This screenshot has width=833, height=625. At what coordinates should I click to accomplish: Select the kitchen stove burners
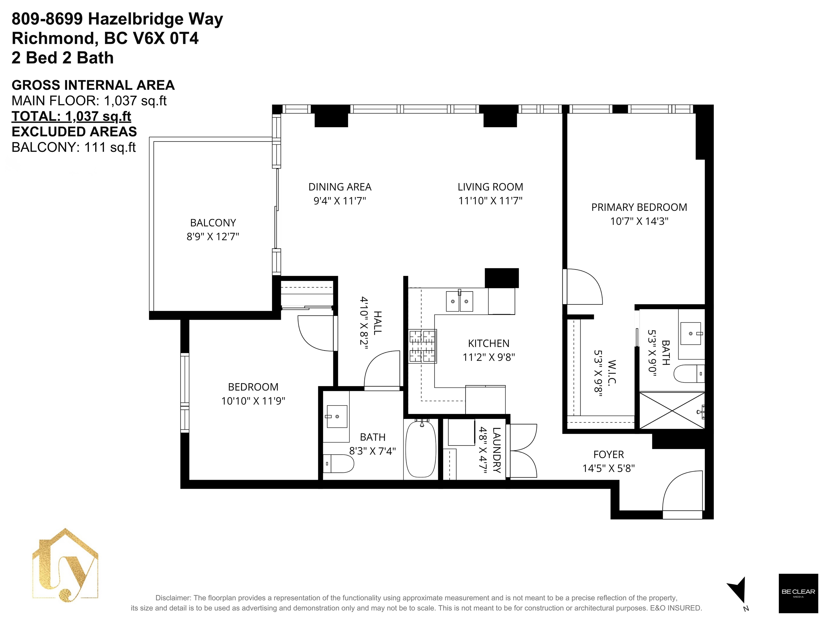pyautogui.click(x=423, y=346)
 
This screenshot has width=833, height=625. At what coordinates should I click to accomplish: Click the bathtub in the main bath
pyautogui.click(x=421, y=449)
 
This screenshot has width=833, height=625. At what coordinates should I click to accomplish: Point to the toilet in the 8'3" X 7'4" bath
pyautogui.click(x=339, y=464)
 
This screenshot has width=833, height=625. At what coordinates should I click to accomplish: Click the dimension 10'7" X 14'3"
pyautogui.click(x=639, y=221)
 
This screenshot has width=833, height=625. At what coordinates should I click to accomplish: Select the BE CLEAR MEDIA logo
pyautogui.click(x=798, y=593)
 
